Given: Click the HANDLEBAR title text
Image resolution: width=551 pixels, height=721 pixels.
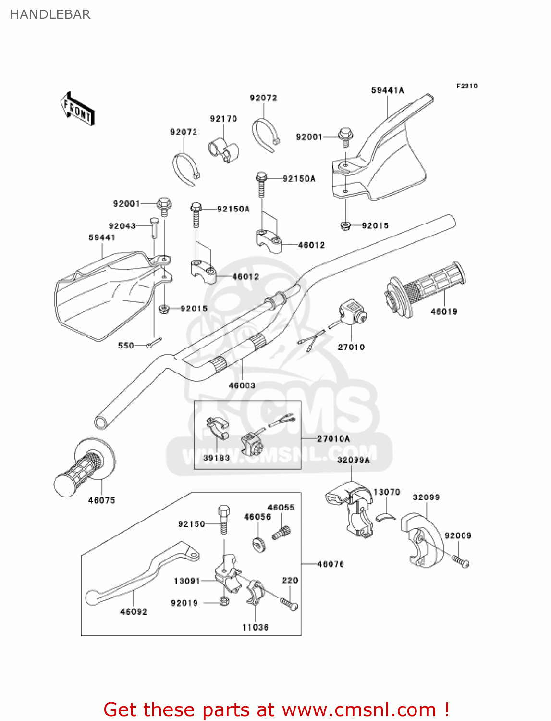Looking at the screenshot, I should coord(50,14).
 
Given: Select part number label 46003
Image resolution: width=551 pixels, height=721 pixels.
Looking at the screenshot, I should coord(242,385).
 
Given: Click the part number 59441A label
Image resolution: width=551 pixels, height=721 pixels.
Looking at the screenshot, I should coord(388,90).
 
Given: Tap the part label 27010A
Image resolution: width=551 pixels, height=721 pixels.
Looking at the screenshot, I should coord(333,439).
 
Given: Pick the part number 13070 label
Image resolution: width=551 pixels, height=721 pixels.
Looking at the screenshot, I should coord(387,492).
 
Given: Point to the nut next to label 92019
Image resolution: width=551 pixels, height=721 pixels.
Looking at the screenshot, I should coord(223,601).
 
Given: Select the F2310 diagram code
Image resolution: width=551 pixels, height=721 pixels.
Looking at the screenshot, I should coord(466,86).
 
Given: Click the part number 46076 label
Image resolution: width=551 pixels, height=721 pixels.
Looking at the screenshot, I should coord(331,564).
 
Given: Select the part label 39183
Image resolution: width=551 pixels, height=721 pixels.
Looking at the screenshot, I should coord(216,458).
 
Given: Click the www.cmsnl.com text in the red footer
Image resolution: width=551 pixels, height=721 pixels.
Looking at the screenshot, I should coord(359,709).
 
